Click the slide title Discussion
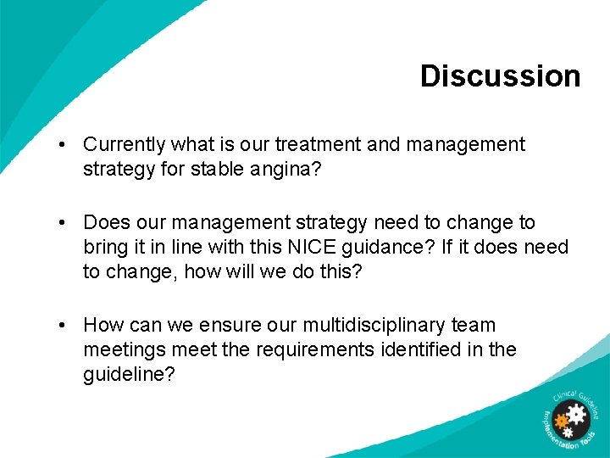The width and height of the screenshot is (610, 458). [x=500, y=75]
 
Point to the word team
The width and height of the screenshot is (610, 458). [x=475, y=325]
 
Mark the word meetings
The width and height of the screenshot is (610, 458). [x=120, y=349]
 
